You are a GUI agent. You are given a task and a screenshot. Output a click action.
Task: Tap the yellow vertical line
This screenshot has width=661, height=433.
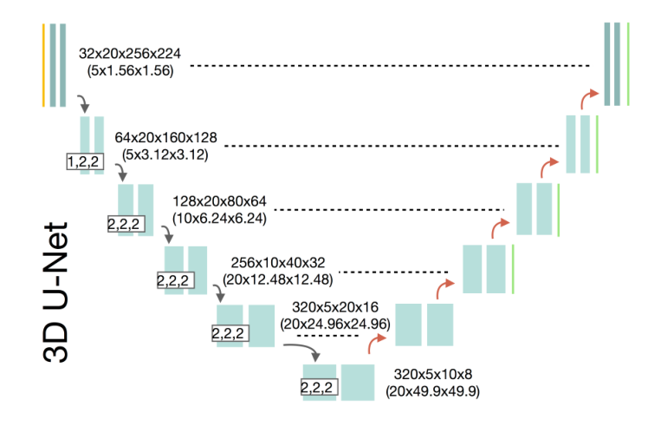click(x=42, y=65)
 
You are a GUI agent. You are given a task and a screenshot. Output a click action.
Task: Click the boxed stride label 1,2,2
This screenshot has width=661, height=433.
click(x=85, y=161)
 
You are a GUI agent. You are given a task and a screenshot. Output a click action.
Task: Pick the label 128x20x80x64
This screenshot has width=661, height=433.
click(x=219, y=201)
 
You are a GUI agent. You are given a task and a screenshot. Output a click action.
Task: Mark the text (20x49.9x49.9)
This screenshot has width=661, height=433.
click(x=433, y=393)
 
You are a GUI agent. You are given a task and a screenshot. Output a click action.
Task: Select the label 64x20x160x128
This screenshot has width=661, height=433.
click(x=165, y=138)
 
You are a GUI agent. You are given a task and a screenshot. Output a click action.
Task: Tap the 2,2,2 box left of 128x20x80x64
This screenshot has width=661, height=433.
click(x=126, y=224)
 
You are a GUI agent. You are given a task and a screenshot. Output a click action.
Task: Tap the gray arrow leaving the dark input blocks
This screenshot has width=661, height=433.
click(x=83, y=105)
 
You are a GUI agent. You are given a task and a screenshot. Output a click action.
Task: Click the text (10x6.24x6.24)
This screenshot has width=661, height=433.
click(x=219, y=219)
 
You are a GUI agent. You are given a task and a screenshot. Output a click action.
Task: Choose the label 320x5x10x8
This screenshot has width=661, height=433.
click(x=432, y=375)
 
